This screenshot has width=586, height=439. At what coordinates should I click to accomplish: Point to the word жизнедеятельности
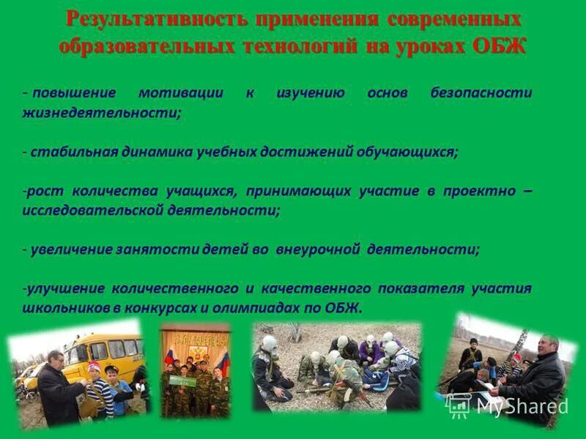(101, 113)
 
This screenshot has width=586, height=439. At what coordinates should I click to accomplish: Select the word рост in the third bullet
(45, 191)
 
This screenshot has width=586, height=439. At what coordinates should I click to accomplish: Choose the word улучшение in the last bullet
(59, 288)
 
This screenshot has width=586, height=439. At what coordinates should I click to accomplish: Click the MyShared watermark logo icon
(459, 405)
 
